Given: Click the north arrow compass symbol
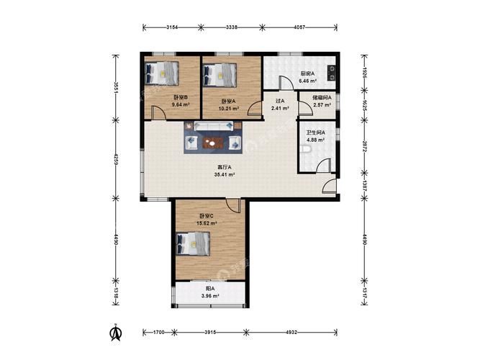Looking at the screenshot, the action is pyautogui.click(x=116, y=333).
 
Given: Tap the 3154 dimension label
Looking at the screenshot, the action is pyautogui.click(x=172, y=27).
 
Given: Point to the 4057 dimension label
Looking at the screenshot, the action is pyautogui.click(x=299, y=27).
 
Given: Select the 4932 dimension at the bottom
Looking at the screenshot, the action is pyautogui.click(x=291, y=332).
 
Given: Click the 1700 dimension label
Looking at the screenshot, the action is pyautogui.click(x=158, y=332).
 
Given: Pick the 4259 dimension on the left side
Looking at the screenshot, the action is pyautogui.click(x=116, y=159).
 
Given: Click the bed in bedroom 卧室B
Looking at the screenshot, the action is pyautogui.click(x=162, y=73).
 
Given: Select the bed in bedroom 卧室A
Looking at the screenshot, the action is pyautogui.click(x=220, y=75).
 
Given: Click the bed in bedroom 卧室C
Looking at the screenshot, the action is pyautogui.click(x=194, y=243).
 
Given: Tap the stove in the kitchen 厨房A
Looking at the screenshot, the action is pyautogui.click(x=331, y=73).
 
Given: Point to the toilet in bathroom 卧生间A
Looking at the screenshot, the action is pyautogui.click(x=307, y=149).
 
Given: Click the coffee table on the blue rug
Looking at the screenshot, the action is pyautogui.click(x=212, y=143).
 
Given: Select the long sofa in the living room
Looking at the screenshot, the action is pyautogui.click(x=214, y=125).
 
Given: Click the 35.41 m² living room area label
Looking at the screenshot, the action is pyautogui.click(x=225, y=175).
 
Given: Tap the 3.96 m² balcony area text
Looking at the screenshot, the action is pyautogui.click(x=210, y=296).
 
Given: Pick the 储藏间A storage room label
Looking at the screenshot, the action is pyautogui.click(x=322, y=98).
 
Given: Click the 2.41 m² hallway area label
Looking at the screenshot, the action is pyautogui.click(x=280, y=108).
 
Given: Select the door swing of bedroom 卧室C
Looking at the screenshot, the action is pyautogui.click(x=233, y=205).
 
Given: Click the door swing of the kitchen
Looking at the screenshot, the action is pyautogui.click(x=286, y=82).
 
